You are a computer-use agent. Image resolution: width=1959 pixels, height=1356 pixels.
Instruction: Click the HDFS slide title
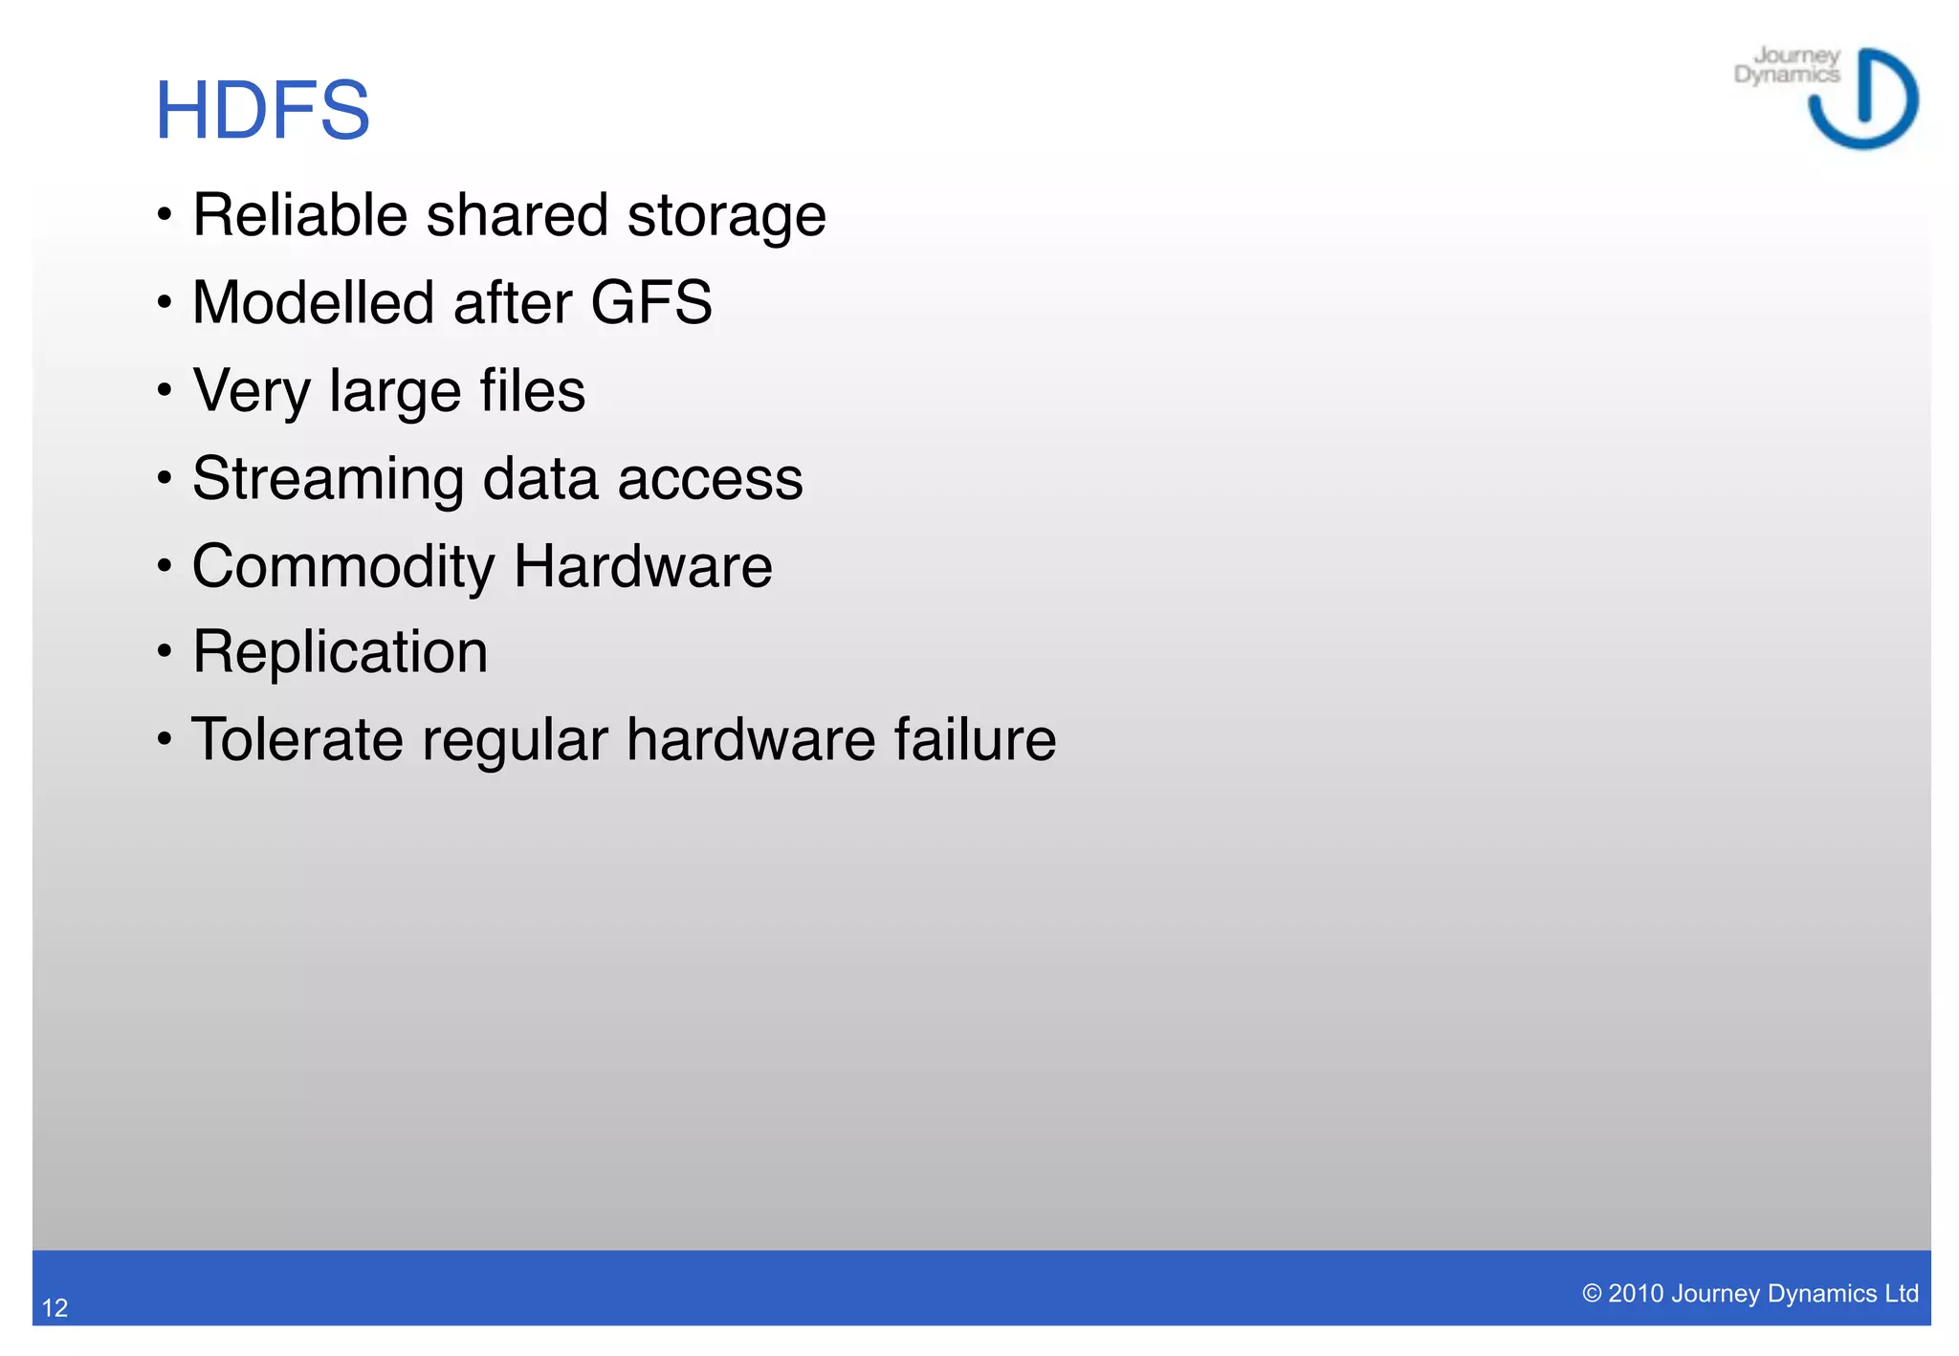click(262, 111)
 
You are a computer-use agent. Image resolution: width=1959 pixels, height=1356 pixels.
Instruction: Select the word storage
click(726, 216)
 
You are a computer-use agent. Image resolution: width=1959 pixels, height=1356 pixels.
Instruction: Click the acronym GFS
click(650, 302)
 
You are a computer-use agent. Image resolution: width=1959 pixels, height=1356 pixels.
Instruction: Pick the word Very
click(252, 390)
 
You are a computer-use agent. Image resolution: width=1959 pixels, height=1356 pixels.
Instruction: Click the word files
click(532, 390)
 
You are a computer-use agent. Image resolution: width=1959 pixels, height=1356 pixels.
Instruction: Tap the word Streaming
click(328, 478)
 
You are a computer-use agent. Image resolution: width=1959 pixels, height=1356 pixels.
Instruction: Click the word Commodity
click(343, 566)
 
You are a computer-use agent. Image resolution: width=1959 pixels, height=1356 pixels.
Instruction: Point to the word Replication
click(340, 652)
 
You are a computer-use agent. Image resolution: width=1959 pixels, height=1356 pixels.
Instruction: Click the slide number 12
click(55, 1307)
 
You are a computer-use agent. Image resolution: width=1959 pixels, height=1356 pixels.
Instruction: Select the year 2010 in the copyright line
click(1636, 1294)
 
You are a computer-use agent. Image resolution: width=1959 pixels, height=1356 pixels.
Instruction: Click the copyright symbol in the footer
click(1592, 1294)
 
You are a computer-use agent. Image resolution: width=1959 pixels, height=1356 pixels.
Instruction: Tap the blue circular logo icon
click(1863, 98)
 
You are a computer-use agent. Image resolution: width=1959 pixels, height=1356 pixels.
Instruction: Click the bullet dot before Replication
click(165, 652)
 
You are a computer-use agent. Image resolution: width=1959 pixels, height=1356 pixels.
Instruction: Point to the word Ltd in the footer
click(1901, 1294)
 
